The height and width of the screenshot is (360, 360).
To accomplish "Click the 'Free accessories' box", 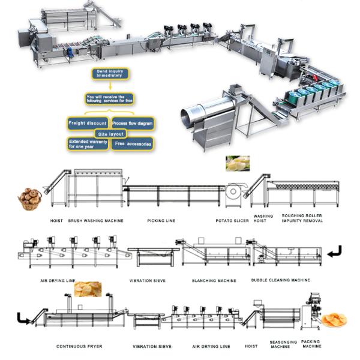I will click(x=133, y=144).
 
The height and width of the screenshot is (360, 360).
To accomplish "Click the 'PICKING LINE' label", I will click(x=161, y=221).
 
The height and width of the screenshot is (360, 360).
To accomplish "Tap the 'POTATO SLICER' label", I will click(x=231, y=221).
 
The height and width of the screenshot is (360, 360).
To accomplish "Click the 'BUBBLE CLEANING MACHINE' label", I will click(x=281, y=280).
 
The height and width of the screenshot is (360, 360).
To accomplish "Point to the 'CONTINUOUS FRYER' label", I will click(x=79, y=346).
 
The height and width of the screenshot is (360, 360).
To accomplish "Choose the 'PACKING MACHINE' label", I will click(x=311, y=344).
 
